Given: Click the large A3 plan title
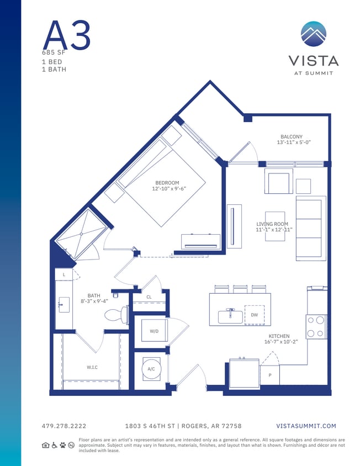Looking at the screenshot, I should (x=66, y=35).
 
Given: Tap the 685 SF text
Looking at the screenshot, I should (x=54, y=52).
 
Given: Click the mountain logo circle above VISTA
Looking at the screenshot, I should (x=314, y=34).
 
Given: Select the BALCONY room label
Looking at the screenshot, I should (x=291, y=136).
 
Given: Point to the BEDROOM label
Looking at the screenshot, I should (x=167, y=183).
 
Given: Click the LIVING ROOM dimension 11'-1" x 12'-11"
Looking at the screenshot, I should (x=274, y=230).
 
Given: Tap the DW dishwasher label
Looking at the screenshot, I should (x=254, y=315).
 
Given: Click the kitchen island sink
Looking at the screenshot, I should (x=230, y=316).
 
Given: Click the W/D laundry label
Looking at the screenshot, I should (x=154, y=331).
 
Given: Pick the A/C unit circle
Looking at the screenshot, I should (x=151, y=369).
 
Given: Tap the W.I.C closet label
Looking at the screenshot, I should (x=92, y=367).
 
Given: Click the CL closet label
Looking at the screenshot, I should (x=149, y=297).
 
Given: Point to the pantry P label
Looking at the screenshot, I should (x=269, y=375).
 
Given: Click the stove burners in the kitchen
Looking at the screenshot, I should (x=316, y=326).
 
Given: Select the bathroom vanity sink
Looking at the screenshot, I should (x=62, y=304).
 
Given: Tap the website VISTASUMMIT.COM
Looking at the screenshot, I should (x=306, y=426).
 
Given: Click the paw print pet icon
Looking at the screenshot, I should (x=63, y=445).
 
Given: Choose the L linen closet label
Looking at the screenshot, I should (x=64, y=274).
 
